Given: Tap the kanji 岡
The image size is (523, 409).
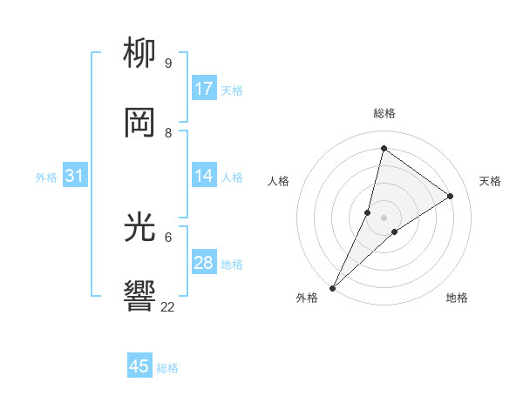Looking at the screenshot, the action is pos(140,124).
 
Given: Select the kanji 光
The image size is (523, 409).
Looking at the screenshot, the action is pos(140,229).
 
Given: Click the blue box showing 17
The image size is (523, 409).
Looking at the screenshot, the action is pos(204,89).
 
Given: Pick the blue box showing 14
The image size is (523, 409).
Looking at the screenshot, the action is pos(204,177).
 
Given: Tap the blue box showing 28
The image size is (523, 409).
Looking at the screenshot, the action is pos(204,264).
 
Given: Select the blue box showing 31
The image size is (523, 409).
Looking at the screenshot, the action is pos(75,177).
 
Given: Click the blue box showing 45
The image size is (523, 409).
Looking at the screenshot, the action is pos(139,366).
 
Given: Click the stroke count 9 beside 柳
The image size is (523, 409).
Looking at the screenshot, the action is pos(168,64).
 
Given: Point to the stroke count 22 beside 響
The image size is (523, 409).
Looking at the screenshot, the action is pos(168,307).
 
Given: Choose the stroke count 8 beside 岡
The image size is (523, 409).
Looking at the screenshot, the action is pos(168,133).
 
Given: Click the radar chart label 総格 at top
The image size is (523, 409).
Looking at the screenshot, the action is pos(384,113).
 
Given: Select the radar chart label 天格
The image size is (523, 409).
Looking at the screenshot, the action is pos(490,181).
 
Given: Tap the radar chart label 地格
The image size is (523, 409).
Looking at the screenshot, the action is pos(457,298).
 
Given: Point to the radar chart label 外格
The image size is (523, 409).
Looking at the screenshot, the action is pos(307,298).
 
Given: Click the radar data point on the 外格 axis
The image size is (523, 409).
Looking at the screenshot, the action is pos(333,287).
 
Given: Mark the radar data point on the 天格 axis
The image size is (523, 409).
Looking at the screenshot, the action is pos(451,197).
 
